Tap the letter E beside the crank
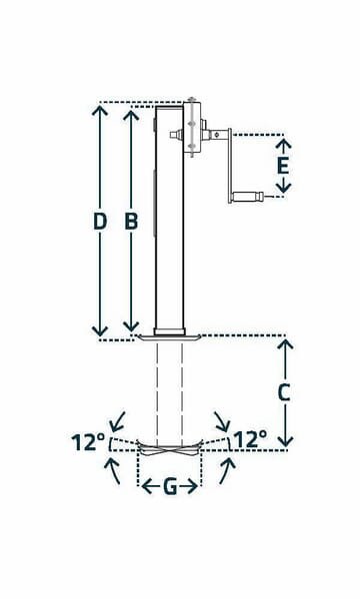(283, 165)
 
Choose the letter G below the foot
(169, 487)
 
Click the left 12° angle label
(87, 439)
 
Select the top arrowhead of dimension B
(130, 109)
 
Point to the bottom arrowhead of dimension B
(130, 331)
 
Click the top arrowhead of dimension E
(283, 139)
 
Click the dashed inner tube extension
(169, 389)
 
